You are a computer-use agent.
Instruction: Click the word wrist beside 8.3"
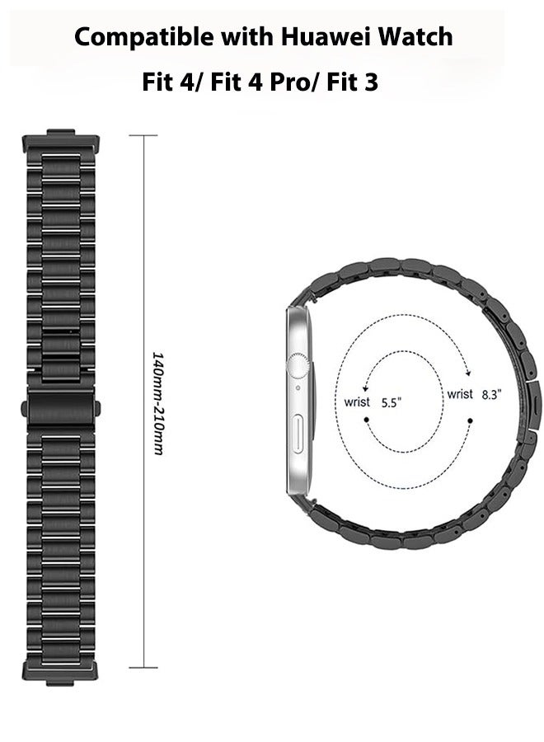pyautogui.click(x=460, y=394)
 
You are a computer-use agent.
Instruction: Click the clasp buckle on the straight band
pyautogui.click(x=62, y=408)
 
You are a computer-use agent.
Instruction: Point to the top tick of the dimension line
pyautogui.click(x=143, y=135)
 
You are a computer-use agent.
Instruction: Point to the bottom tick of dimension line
pyautogui.click(x=143, y=667)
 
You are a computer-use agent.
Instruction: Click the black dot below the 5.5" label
pyautogui.click(x=367, y=420)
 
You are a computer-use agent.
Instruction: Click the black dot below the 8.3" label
pyautogui.click(x=470, y=420)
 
